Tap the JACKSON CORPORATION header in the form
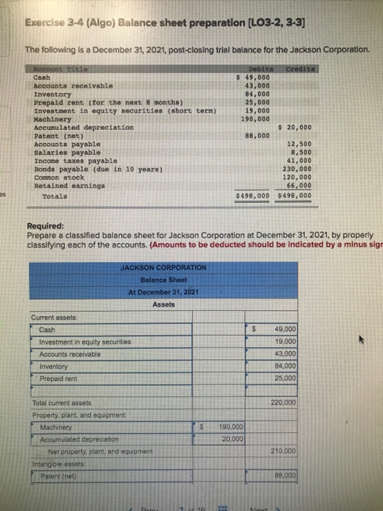coord(163,268)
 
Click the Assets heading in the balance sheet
coord(163,304)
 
